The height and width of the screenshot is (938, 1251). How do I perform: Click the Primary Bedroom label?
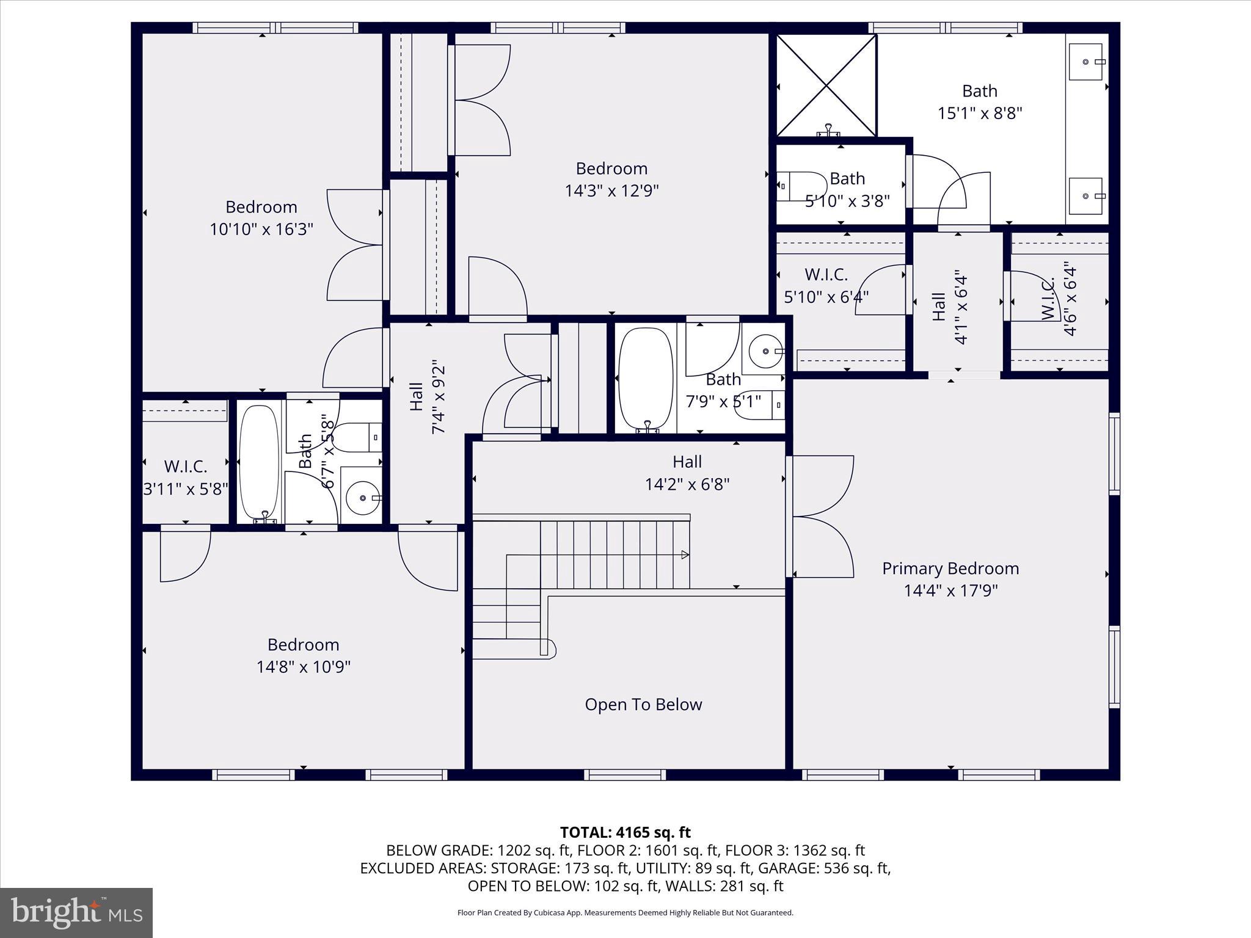click(950, 569)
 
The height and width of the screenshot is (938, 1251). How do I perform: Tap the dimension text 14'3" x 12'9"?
click(611, 191)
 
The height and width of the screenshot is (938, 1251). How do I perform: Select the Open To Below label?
click(643, 705)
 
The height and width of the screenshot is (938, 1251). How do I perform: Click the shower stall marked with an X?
click(826, 85)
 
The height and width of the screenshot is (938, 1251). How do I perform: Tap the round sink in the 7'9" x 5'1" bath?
click(766, 351)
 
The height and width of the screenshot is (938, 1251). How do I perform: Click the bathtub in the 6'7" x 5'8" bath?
click(259, 462)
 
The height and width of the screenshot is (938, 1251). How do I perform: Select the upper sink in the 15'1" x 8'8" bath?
click(1086, 62)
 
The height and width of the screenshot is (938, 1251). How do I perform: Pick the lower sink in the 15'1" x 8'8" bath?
click(1086, 196)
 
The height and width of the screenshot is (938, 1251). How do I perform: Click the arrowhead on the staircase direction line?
click(685, 555)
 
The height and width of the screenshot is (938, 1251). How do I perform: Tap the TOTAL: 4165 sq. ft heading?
click(625, 832)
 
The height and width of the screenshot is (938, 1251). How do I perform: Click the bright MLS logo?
click(76, 913)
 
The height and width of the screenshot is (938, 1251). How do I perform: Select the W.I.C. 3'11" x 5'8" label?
click(185, 478)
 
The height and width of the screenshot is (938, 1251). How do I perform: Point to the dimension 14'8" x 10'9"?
click(303, 667)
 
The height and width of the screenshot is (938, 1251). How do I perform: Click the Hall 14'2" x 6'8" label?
click(687, 473)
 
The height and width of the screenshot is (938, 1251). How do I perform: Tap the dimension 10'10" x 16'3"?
click(261, 230)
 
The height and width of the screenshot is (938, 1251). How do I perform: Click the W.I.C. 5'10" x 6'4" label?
click(826, 285)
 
